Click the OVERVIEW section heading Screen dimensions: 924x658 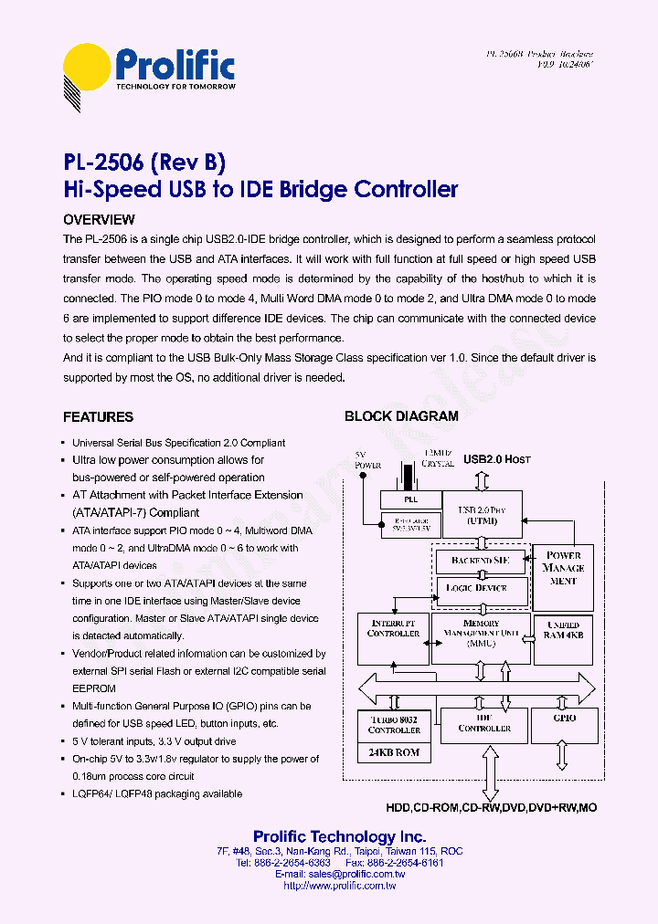click(99, 220)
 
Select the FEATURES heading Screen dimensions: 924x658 click(98, 417)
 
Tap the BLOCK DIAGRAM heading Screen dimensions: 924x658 click(401, 416)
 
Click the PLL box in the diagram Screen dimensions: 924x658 click(410, 500)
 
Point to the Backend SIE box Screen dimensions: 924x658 click(481, 560)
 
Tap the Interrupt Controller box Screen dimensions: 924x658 click(393, 639)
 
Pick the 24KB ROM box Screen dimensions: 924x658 click(393, 753)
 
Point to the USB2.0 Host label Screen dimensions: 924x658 click(497, 459)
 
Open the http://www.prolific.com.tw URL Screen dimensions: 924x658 click(339, 886)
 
